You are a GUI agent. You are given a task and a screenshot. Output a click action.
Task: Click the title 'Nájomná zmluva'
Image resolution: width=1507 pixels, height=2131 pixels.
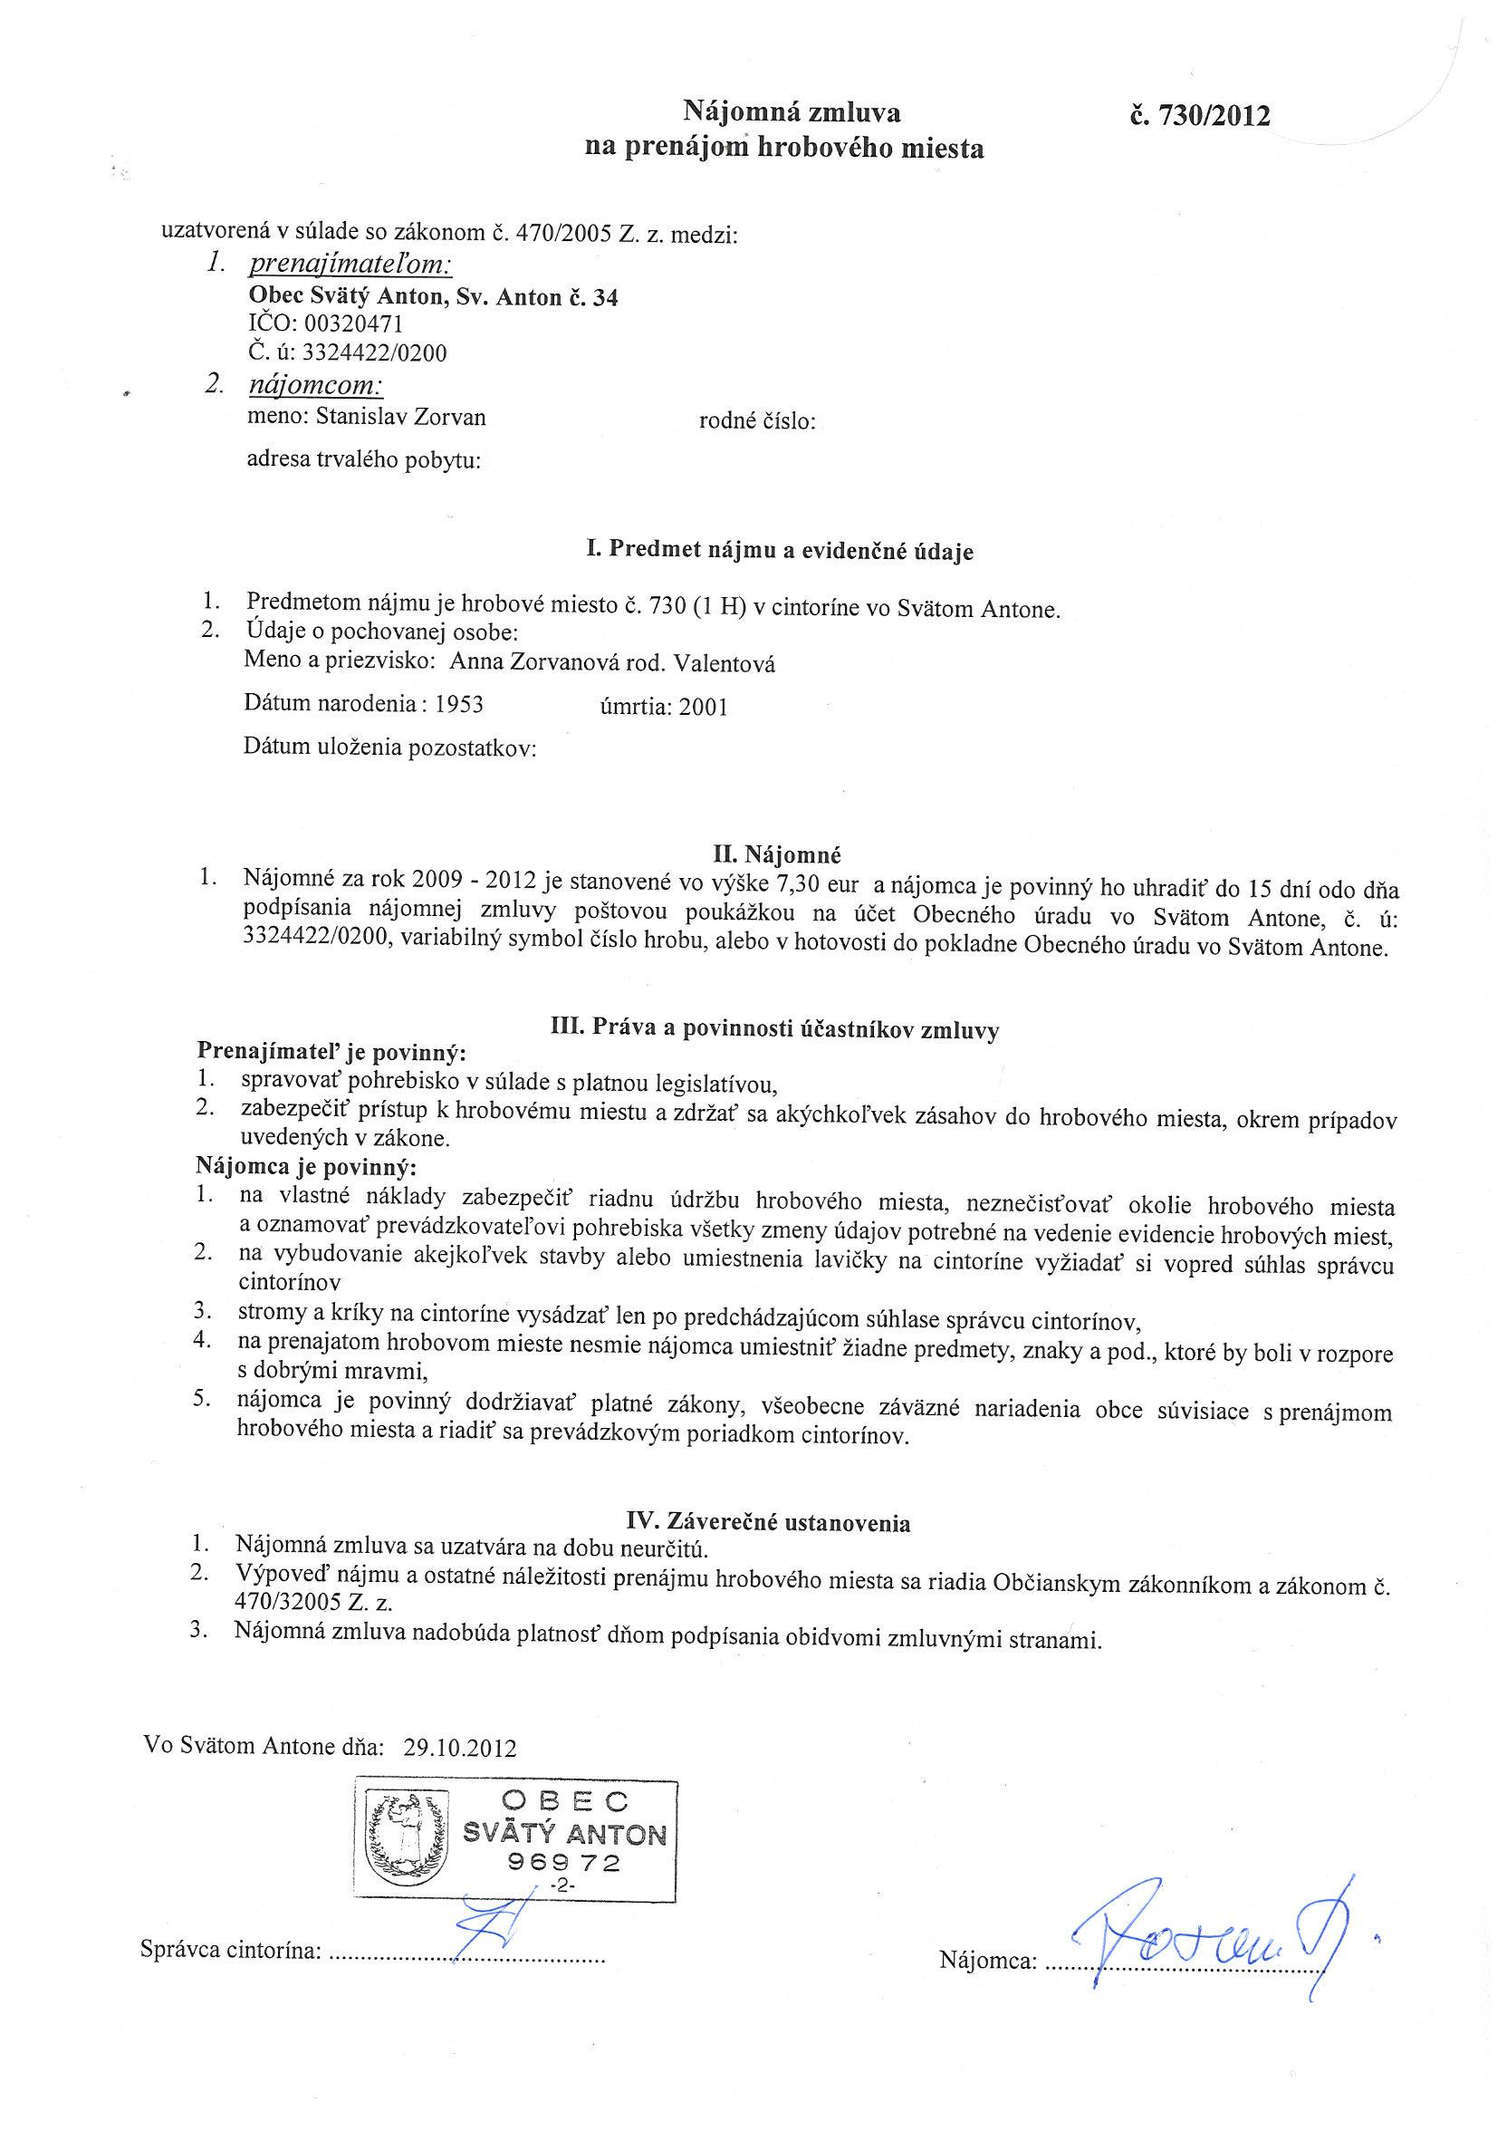[x=792, y=113]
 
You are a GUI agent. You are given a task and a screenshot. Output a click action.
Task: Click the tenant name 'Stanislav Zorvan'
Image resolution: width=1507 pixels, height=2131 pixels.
[x=400, y=418]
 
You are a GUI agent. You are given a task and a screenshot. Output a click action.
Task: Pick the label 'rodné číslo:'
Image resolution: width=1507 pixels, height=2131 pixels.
[x=756, y=422]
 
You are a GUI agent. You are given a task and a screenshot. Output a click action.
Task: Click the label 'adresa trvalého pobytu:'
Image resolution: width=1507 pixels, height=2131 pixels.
[x=363, y=460]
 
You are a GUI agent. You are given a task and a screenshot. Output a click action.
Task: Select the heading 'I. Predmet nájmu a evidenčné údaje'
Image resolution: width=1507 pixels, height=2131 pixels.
[x=781, y=550]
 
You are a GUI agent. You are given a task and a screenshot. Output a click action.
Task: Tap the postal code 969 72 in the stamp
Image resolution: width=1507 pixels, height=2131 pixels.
[x=563, y=1863]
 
